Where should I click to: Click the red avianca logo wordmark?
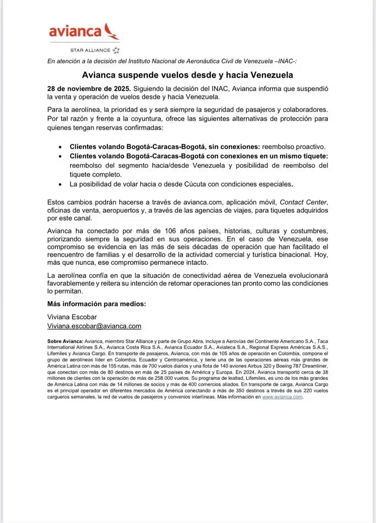(75, 31)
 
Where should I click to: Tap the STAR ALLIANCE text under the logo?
(90, 50)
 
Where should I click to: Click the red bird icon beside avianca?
(111, 31)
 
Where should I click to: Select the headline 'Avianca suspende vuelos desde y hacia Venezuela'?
(187, 75)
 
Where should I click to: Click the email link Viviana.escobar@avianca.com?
(94, 326)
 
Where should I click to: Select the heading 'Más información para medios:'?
(97, 304)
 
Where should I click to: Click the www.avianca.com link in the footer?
(283, 397)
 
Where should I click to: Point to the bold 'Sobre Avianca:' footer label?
(65, 341)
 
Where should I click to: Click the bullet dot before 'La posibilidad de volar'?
(61, 184)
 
